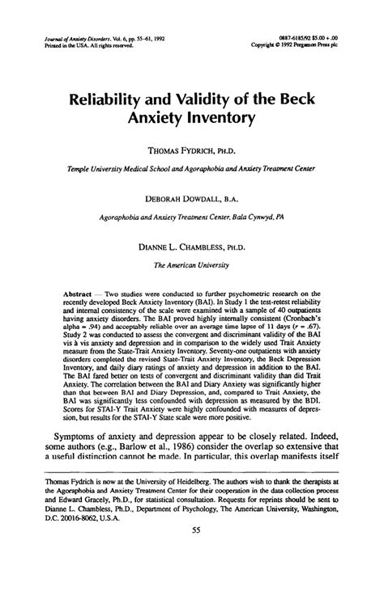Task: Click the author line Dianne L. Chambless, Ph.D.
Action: (192, 243)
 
